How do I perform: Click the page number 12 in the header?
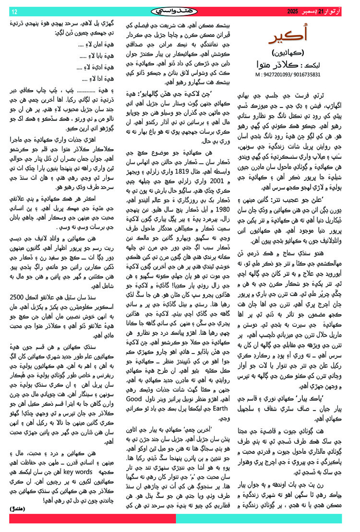pyautogui.click(x=14, y=12)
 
